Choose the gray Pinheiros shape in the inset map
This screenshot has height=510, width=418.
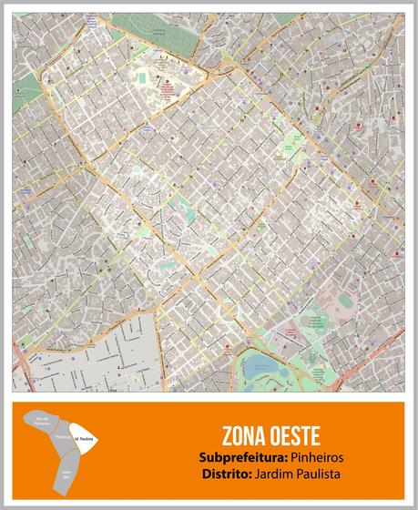(62, 439)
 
